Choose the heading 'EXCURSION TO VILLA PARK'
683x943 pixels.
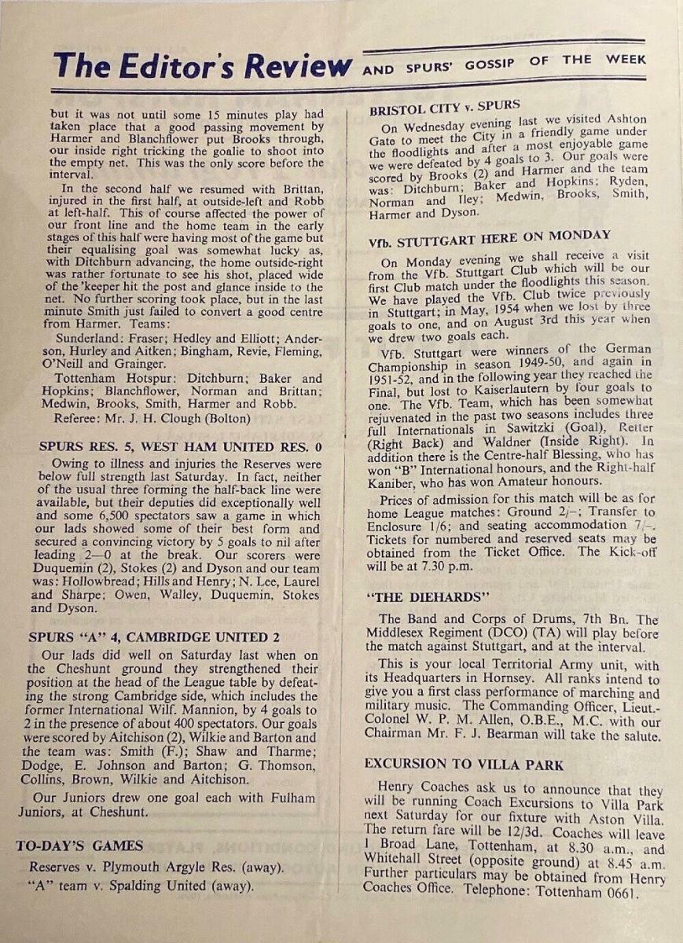pos(463,764)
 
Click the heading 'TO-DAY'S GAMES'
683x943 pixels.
pos(79,846)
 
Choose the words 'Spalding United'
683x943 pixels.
pos(174,886)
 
